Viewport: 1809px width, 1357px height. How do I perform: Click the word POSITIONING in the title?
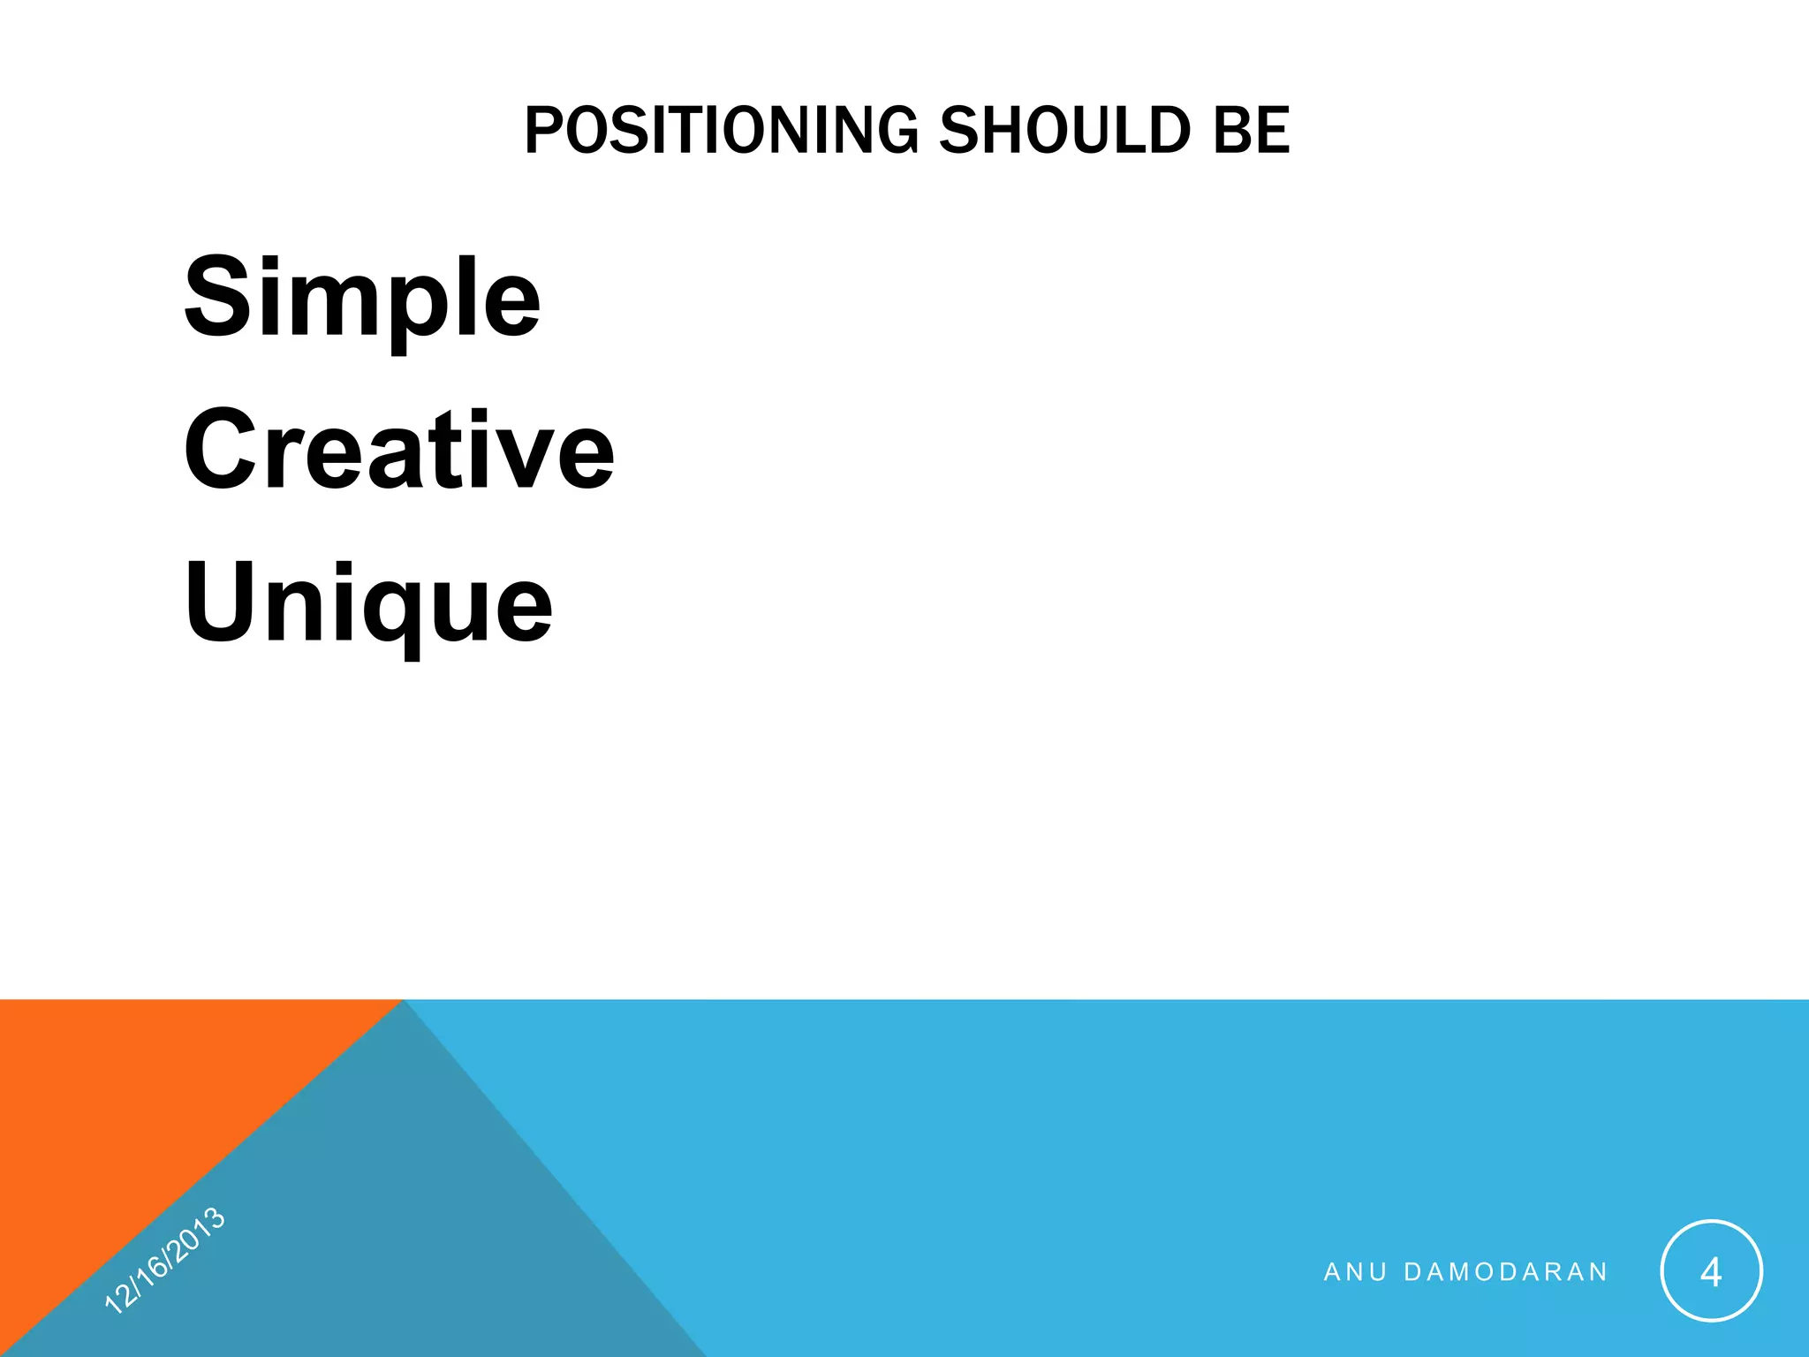[721, 131]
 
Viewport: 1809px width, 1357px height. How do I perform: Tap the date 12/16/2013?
[165, 1260]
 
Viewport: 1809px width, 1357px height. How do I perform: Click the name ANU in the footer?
[1355, 1272]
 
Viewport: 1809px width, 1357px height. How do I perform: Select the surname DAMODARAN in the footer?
[1505, 1272]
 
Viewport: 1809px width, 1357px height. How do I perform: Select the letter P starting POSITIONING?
[541, 131]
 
